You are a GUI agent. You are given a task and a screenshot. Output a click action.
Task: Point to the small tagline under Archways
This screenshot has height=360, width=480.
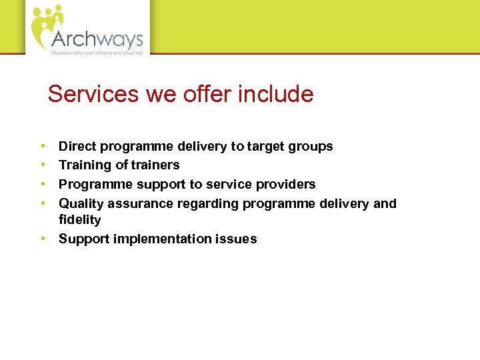pyautogui.click(x=97, y=52)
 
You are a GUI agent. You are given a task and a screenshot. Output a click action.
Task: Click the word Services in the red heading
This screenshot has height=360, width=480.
pyautogui.click(x=93, y=94)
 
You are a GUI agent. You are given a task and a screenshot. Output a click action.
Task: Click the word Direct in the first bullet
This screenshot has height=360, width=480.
pyautogui.click(x=77, y=146)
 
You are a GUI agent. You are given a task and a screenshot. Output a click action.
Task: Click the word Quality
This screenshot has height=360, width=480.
pyautogui.click(x=81, y=203)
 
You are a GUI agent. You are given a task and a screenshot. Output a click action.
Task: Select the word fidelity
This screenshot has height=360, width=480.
pyautogui.click(x=79, y=220)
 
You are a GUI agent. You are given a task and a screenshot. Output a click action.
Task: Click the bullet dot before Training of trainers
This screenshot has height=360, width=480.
pyautogui.click(x=42, y=164)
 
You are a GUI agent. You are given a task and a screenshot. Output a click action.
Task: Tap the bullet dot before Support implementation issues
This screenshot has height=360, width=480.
pyautogui.click(x=42, y=238)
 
